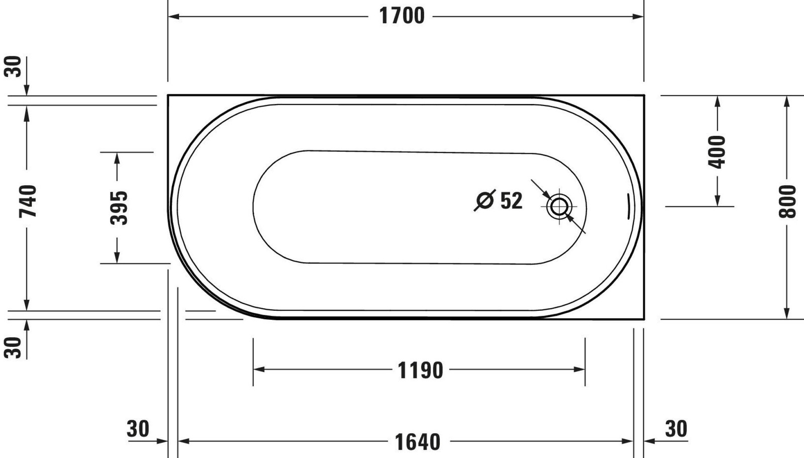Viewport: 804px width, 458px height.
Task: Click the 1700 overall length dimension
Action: (x=401, y=16)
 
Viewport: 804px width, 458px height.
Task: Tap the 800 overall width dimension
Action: (x=787, y=201)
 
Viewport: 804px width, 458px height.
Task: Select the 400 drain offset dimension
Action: (x=717, y=152)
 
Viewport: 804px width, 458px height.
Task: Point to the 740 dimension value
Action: (x=28, y=201)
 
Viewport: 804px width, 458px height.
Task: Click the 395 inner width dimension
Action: (x=119, y=207)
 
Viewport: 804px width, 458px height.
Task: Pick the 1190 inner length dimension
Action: (x=420, y=371)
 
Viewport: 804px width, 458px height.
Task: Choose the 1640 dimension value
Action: (x=417, y=442)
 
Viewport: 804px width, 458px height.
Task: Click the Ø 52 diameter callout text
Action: (x=498, y=201)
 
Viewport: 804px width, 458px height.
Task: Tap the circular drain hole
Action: (x=559, y=206)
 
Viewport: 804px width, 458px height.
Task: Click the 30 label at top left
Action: (x=14, y=66)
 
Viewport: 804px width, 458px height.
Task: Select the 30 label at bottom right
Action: (x=676, y=429)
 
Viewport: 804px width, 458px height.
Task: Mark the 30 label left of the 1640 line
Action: (x=138, y=429)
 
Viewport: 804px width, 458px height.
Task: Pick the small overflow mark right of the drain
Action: (x=628, y=206)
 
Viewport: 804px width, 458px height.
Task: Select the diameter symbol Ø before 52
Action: (x=485, y=200)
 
